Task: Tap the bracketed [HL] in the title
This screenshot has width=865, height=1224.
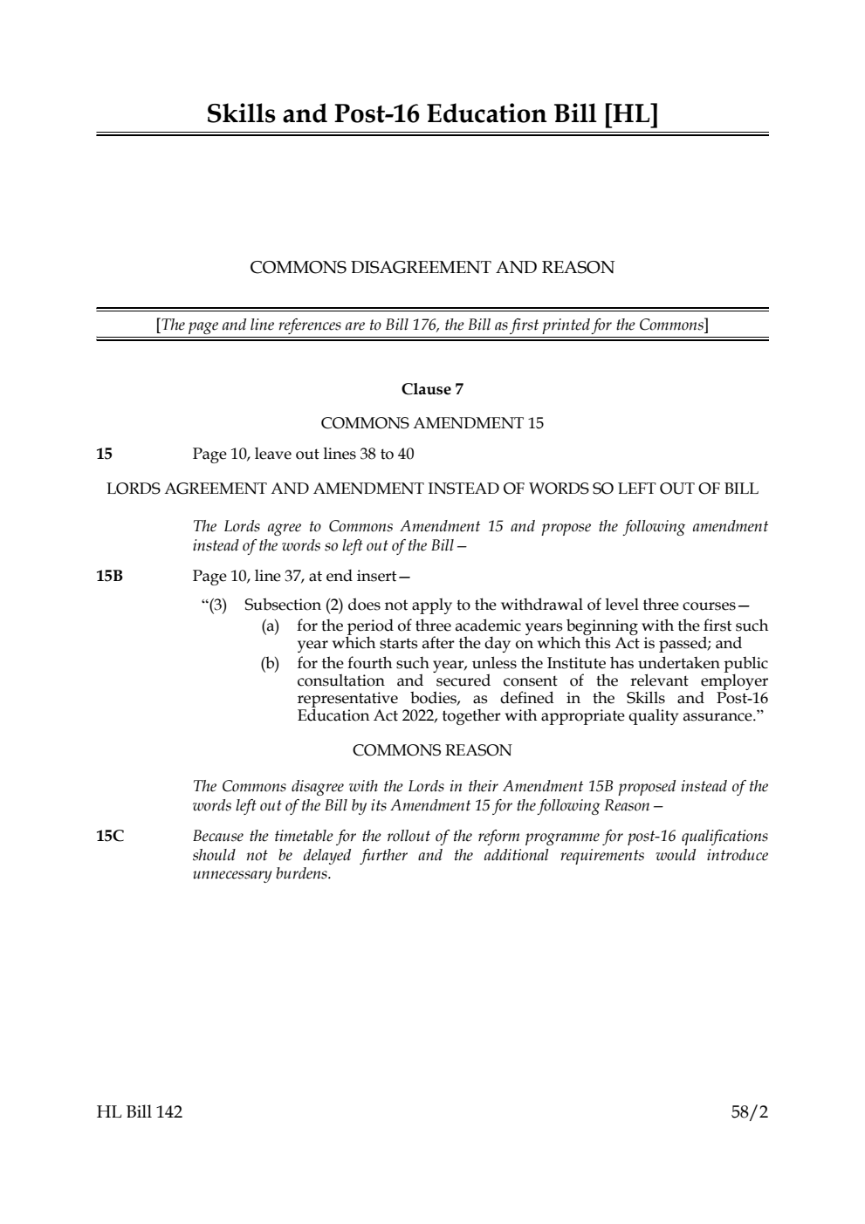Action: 630,114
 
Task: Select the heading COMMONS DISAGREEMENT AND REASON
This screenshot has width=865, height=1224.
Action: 432,268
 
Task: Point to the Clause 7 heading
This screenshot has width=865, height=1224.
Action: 432,389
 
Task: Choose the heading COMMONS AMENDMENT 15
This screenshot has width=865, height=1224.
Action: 432,423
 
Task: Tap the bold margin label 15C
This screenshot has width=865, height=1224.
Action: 110,837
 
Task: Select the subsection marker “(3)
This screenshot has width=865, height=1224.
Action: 215,605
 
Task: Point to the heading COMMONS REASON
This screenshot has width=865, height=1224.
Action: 432,750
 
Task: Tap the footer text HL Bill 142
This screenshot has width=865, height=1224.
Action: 140,1112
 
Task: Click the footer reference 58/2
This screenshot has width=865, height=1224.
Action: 750,1112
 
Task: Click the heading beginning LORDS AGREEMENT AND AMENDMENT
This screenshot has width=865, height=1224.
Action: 432,489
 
